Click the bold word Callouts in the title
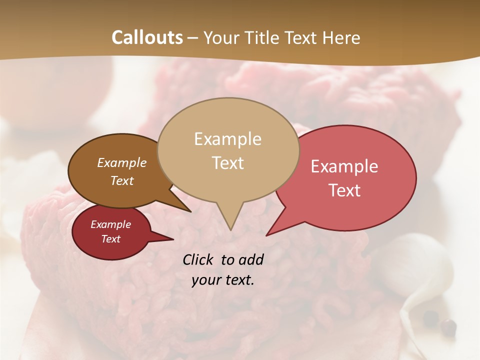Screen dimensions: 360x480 147,37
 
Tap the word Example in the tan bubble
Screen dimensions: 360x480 227,139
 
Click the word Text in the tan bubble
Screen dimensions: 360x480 227,162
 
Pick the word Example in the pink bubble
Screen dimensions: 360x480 344,166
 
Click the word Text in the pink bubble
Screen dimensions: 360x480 344,190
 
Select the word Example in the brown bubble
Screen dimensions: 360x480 122,162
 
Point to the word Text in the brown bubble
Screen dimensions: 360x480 122,180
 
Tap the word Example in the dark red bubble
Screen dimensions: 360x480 110,224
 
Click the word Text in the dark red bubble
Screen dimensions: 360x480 110,239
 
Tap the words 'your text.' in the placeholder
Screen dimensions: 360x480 223,280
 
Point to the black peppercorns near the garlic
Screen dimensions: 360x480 440,322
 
